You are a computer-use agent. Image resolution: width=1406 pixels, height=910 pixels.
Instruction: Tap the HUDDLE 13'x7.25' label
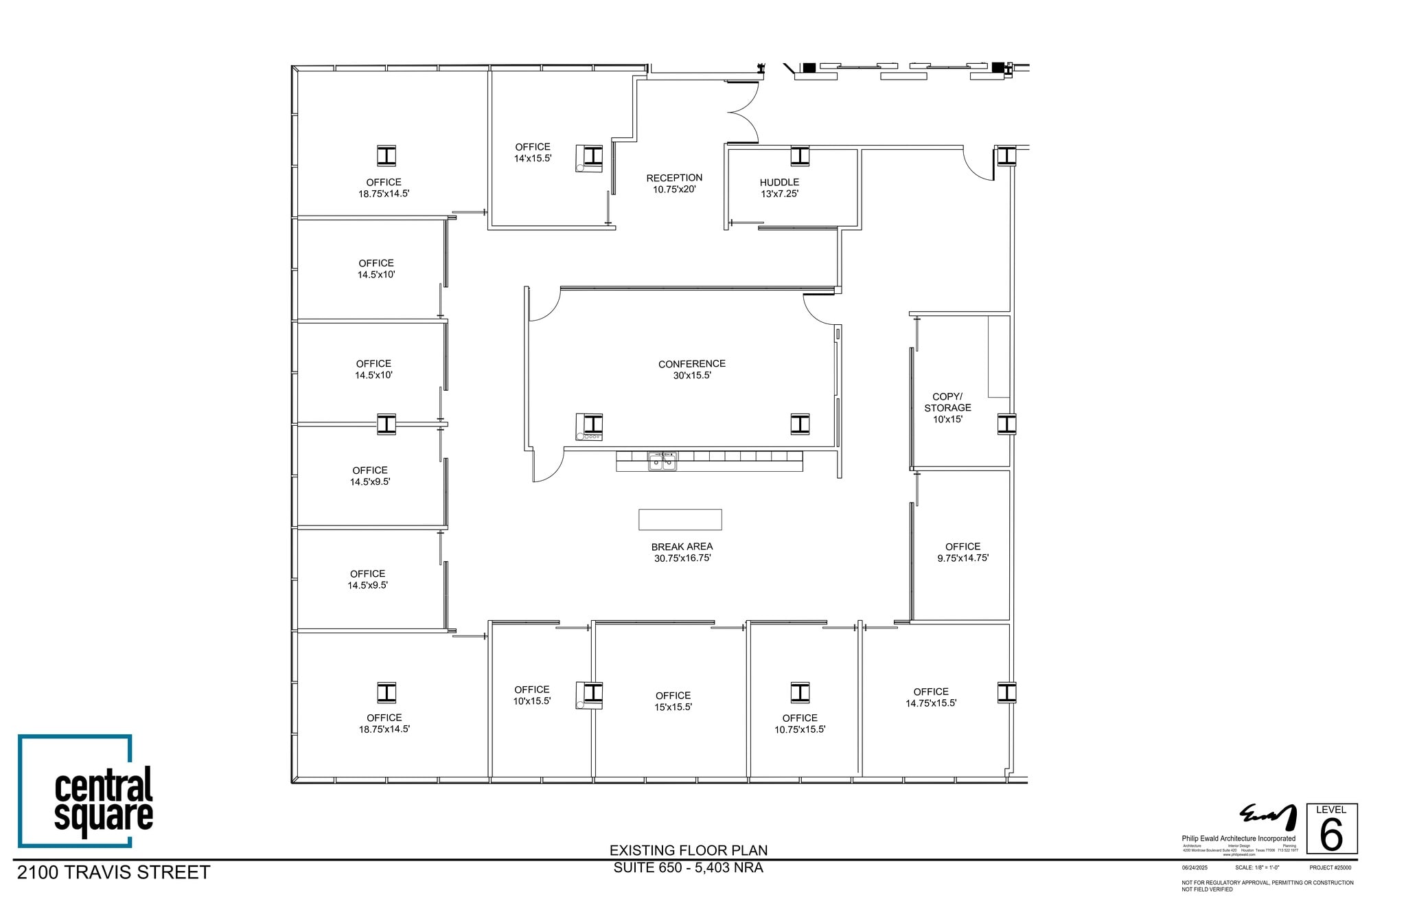coord(779,187)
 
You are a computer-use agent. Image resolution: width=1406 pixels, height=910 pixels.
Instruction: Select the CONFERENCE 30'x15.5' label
coord(691,369)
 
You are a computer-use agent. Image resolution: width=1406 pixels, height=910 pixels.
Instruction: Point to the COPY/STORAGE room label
coord(947,407)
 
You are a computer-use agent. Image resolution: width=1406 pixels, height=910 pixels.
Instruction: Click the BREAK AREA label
coord(682,552)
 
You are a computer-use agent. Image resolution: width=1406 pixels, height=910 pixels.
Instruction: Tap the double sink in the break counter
coord(662,462)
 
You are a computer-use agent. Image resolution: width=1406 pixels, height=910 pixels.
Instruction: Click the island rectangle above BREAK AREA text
coord(680,519)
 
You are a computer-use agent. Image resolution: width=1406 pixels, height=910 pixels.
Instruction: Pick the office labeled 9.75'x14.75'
coord(963,552)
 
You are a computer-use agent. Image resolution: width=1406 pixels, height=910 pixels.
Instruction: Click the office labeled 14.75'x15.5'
coord(930,697)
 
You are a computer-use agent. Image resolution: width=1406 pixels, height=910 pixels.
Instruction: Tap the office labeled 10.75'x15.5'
coord(800,723)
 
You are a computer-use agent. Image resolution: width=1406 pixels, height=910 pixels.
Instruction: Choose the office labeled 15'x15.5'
coord(673,701)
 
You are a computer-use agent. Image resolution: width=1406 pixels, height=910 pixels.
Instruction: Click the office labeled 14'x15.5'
coord(533,152)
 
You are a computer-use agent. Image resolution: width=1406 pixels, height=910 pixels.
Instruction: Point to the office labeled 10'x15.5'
coord(531,695)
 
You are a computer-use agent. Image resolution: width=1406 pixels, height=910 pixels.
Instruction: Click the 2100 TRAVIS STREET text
coord(114,872)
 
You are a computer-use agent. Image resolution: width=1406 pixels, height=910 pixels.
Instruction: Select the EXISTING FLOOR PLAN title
coord(689,850)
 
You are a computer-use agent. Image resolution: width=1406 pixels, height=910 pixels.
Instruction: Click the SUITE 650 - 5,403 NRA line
coord(689,867)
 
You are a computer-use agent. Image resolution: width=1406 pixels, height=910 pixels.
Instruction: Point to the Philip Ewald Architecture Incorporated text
coord(1238,839)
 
